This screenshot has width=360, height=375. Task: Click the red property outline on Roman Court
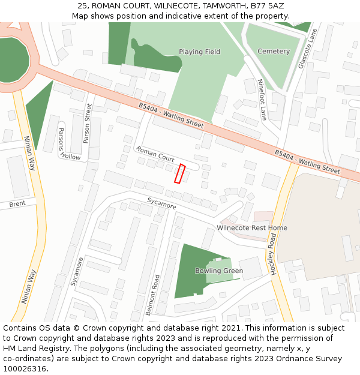[179, 173]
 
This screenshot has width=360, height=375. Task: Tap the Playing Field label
[199, 52]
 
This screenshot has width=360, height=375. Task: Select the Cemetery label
[273, 52]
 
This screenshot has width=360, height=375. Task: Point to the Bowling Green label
[219, 271]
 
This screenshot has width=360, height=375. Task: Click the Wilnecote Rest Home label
[252, 228]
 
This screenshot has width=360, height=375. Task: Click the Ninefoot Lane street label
[262, 100]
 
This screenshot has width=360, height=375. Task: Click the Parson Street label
[88, 124]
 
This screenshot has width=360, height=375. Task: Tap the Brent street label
[17, 205]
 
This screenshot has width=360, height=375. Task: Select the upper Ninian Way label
[30, 153]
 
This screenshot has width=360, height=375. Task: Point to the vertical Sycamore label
[76, 271]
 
